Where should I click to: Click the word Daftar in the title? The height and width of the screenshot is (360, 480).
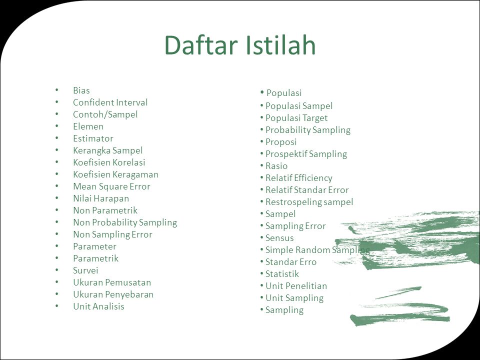coord(201,45)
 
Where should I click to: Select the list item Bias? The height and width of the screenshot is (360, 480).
coord(81,90)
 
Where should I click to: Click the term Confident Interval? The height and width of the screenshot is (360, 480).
coord(110,102)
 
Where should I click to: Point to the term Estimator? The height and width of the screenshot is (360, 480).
coord(93,138)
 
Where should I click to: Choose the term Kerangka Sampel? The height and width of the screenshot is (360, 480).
coord(108,150)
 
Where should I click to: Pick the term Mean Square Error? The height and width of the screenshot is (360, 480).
coord(111,186)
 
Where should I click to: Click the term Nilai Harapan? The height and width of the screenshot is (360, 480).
coord(101,198)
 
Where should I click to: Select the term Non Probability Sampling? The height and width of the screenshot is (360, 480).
coord(125,222)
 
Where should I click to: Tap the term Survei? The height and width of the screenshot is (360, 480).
coord(85,270)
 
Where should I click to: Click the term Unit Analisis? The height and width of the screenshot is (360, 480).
coord(98,306)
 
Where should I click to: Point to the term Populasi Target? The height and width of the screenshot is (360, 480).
coord(296,118)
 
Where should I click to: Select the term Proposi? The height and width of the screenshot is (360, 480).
coord(281,142)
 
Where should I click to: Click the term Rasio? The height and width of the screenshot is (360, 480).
coord(276,166)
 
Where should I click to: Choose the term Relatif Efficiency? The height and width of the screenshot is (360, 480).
coord(299,178)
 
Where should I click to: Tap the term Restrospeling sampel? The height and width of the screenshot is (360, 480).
coord(309,202)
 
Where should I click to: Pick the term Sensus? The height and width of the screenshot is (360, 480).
coord(279,238)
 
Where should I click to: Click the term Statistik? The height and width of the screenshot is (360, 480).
coord(282,273)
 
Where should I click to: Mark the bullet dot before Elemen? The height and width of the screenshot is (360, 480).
coord(57,126)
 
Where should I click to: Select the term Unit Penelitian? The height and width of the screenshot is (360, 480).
coord(296,286)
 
